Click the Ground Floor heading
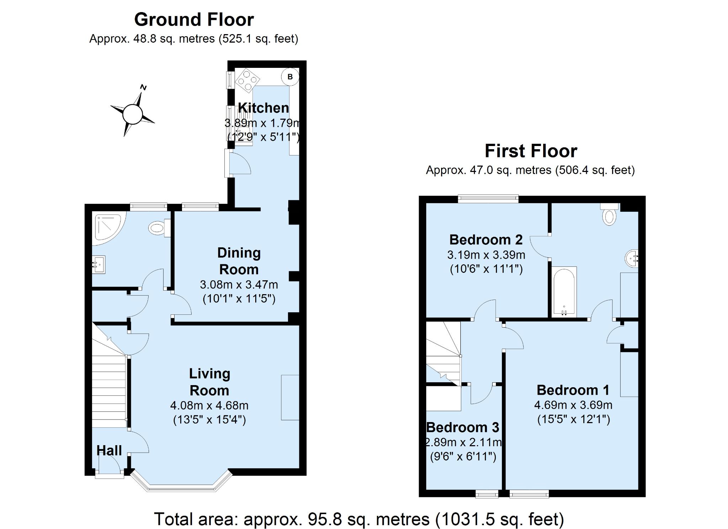point(194,20)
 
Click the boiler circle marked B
point(290,77)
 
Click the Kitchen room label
point(263,108)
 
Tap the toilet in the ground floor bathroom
point(159,228)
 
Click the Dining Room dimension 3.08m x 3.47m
point(239,285)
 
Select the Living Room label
point(209,382)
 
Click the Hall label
point(109,450)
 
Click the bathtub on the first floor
point(564,291)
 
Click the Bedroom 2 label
point(486,240)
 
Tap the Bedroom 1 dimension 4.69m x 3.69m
point(573,405)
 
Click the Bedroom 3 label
point(462,427)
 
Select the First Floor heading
point(531,151)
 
